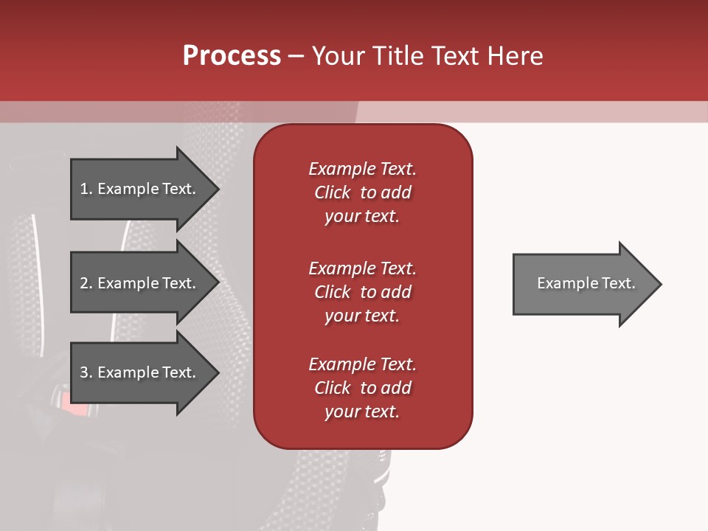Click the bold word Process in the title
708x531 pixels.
[232, 56]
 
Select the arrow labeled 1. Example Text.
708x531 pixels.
[140, 189]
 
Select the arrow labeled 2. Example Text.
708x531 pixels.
[140, 283]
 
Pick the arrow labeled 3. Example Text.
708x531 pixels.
[140, 372]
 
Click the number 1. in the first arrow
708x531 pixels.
[86, 189]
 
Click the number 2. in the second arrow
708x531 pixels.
[86, 283]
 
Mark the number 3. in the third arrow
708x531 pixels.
[86, 372]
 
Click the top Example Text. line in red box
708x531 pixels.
[362, 169]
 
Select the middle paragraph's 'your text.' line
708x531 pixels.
[362, 316]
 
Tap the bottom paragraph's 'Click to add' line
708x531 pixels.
[362, 388]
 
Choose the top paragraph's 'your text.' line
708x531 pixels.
[362, 216]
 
